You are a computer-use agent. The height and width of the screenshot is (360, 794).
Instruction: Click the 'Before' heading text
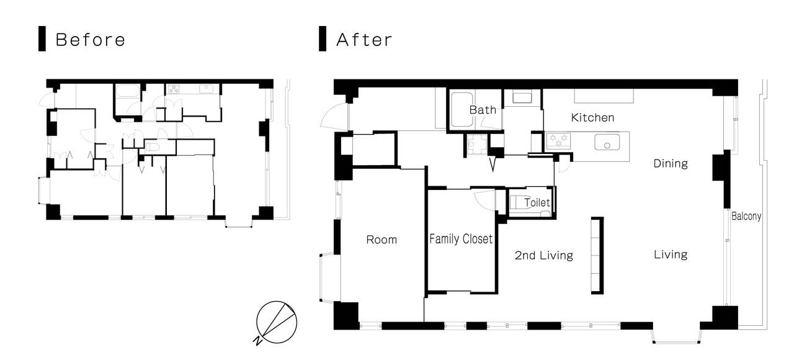(x=91, y=40)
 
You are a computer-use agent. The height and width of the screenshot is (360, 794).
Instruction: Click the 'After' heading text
(x=364, y=40)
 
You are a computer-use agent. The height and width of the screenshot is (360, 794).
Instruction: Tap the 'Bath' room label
(x=483, y=110)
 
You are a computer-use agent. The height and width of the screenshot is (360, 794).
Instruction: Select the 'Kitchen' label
(x=592, y=117)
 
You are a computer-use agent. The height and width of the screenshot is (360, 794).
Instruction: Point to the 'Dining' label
(x=671, y=163)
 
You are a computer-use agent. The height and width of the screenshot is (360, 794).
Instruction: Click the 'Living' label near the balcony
(x=671, y=254)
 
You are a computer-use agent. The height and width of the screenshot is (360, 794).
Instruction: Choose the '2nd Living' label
(x=544, y=255)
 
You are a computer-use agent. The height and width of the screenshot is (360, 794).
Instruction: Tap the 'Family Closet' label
(x=461, y=239)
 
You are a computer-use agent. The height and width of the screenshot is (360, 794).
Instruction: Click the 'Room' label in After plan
(x=381, y=240)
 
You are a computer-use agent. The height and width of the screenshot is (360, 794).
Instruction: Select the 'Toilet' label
(x=537, y=202)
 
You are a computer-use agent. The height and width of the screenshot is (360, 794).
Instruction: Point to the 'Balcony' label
(x=746, y=216)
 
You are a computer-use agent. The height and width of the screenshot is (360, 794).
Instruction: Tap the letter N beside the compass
(x=257, y=341)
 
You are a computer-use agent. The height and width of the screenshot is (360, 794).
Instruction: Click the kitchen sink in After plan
(x=607, y=142)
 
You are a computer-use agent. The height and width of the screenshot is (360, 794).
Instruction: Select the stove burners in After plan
(x=558, y=140)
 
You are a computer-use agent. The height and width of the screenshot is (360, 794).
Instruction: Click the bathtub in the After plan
(x=462, y=110)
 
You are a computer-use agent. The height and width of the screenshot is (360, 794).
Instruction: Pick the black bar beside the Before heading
(x=42, y=38)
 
